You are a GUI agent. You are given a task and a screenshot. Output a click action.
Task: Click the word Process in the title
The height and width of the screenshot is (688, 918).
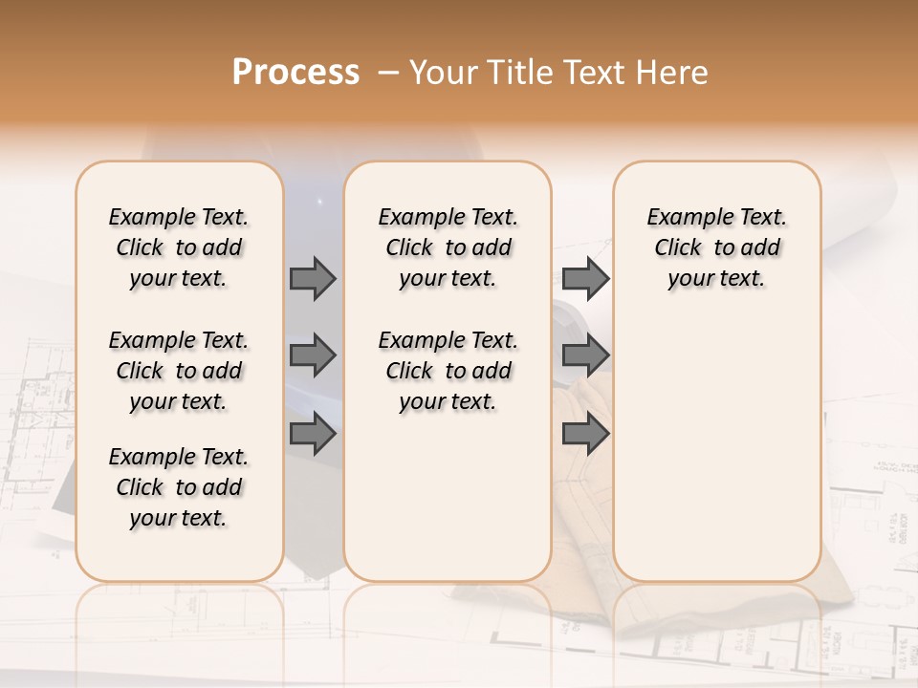(295, 73)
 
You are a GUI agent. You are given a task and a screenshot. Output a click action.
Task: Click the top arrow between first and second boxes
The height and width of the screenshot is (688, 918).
(313, 279)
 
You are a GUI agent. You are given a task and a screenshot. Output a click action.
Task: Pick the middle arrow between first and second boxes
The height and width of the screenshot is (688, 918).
(313, 356)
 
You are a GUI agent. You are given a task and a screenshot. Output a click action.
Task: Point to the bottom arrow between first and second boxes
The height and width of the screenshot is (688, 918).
(313, 434)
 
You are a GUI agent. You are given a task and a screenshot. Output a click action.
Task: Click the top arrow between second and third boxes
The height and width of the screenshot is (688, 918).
(585, 279)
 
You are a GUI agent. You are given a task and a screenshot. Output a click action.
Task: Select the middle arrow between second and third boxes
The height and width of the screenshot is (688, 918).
(585, 356)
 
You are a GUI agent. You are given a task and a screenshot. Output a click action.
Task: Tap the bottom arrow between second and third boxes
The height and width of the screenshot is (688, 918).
(585, 434)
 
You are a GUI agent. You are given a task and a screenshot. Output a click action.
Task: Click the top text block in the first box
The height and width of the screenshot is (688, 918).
(179, 247)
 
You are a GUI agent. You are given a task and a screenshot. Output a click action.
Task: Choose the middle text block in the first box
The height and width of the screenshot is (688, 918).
(179, 371)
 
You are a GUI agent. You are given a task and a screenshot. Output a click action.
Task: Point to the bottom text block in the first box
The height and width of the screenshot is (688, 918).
(179, 487)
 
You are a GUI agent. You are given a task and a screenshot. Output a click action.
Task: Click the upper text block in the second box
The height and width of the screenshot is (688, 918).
(448, 247)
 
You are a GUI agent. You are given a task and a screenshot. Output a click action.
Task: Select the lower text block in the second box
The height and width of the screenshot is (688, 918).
(448, 371)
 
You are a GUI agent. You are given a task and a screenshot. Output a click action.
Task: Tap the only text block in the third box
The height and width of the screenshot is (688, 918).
(716, 247)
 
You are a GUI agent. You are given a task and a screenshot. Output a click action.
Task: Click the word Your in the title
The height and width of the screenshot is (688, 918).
(446, 73)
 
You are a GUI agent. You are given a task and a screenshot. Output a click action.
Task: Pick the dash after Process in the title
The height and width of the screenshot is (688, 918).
(388, 73)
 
